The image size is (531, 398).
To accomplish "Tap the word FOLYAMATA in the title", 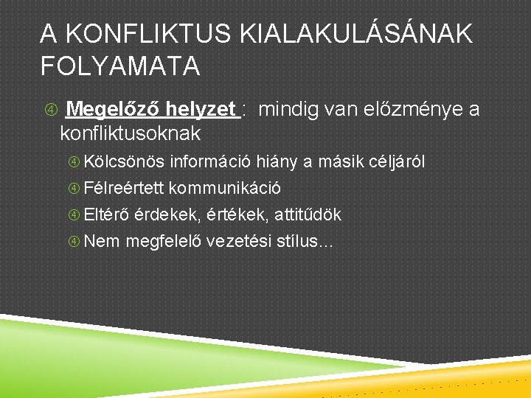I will [120, 66].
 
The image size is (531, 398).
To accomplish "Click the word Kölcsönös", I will [125, 161].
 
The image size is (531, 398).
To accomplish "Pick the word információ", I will [212, 161].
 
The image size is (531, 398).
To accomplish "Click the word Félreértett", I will [125, 188].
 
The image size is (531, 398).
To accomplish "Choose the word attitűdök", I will [309, 214].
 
